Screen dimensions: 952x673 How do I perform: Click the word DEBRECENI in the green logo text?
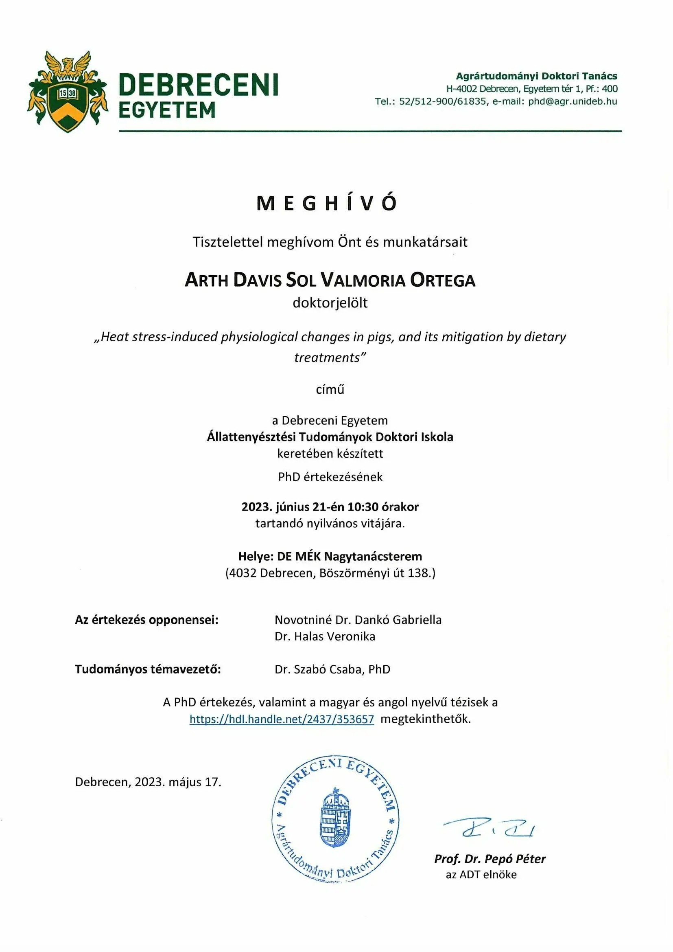(198, 85)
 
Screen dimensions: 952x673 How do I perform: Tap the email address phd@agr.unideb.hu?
(572, 101)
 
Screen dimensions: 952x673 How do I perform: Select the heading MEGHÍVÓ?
(327, 203)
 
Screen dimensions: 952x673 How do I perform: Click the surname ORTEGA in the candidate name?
(443, 280)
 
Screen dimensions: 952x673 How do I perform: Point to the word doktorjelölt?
(330, 303)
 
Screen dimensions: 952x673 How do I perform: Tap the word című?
(330, 389)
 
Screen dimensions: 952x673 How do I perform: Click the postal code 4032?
(243, 573)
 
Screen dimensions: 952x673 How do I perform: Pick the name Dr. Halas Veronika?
(324, 636)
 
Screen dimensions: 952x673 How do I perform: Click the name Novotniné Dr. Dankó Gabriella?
(358, 619)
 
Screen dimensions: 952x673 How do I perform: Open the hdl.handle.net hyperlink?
(282, 719)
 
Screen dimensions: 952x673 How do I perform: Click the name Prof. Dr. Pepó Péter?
(489, 859)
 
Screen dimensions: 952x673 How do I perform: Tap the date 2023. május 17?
(178, 782)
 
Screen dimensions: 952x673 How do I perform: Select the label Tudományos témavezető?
(148, 669)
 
